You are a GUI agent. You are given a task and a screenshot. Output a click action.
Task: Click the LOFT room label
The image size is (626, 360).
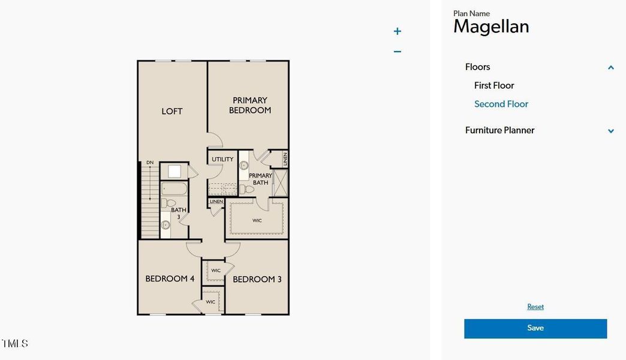pos(172,111)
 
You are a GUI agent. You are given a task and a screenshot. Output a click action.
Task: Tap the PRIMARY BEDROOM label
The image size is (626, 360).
pos(251,105)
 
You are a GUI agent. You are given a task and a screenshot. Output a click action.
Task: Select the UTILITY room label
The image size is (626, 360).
pos(222,159)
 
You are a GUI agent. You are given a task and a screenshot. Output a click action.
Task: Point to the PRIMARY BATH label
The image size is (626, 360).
pos(261,179)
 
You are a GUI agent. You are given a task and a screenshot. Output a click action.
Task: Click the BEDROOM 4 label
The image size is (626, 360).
pos(170,278)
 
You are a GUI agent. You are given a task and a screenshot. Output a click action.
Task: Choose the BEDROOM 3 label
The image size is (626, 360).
pos(257,279)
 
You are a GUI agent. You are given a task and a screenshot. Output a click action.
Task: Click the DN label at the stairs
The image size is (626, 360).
pos(150,162)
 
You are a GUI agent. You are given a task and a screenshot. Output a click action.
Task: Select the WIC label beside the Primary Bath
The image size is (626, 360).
pos(257,220)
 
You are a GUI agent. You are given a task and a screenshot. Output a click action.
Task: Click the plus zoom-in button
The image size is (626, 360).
pos(397,31)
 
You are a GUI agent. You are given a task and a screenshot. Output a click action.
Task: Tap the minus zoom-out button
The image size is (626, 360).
pos(397,52)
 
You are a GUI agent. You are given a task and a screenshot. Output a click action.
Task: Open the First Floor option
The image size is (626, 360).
pos(494,85)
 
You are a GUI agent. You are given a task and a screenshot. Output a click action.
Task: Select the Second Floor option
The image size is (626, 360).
pos(501,104)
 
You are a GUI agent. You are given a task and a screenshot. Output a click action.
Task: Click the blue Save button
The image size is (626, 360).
pos(535,328)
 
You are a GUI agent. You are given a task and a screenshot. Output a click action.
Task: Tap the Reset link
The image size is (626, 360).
pos(535,307)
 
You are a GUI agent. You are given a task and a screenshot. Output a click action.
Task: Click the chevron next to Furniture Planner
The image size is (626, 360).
pos(611,131)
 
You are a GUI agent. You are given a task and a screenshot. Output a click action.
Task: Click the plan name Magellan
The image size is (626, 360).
pos(491,26)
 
